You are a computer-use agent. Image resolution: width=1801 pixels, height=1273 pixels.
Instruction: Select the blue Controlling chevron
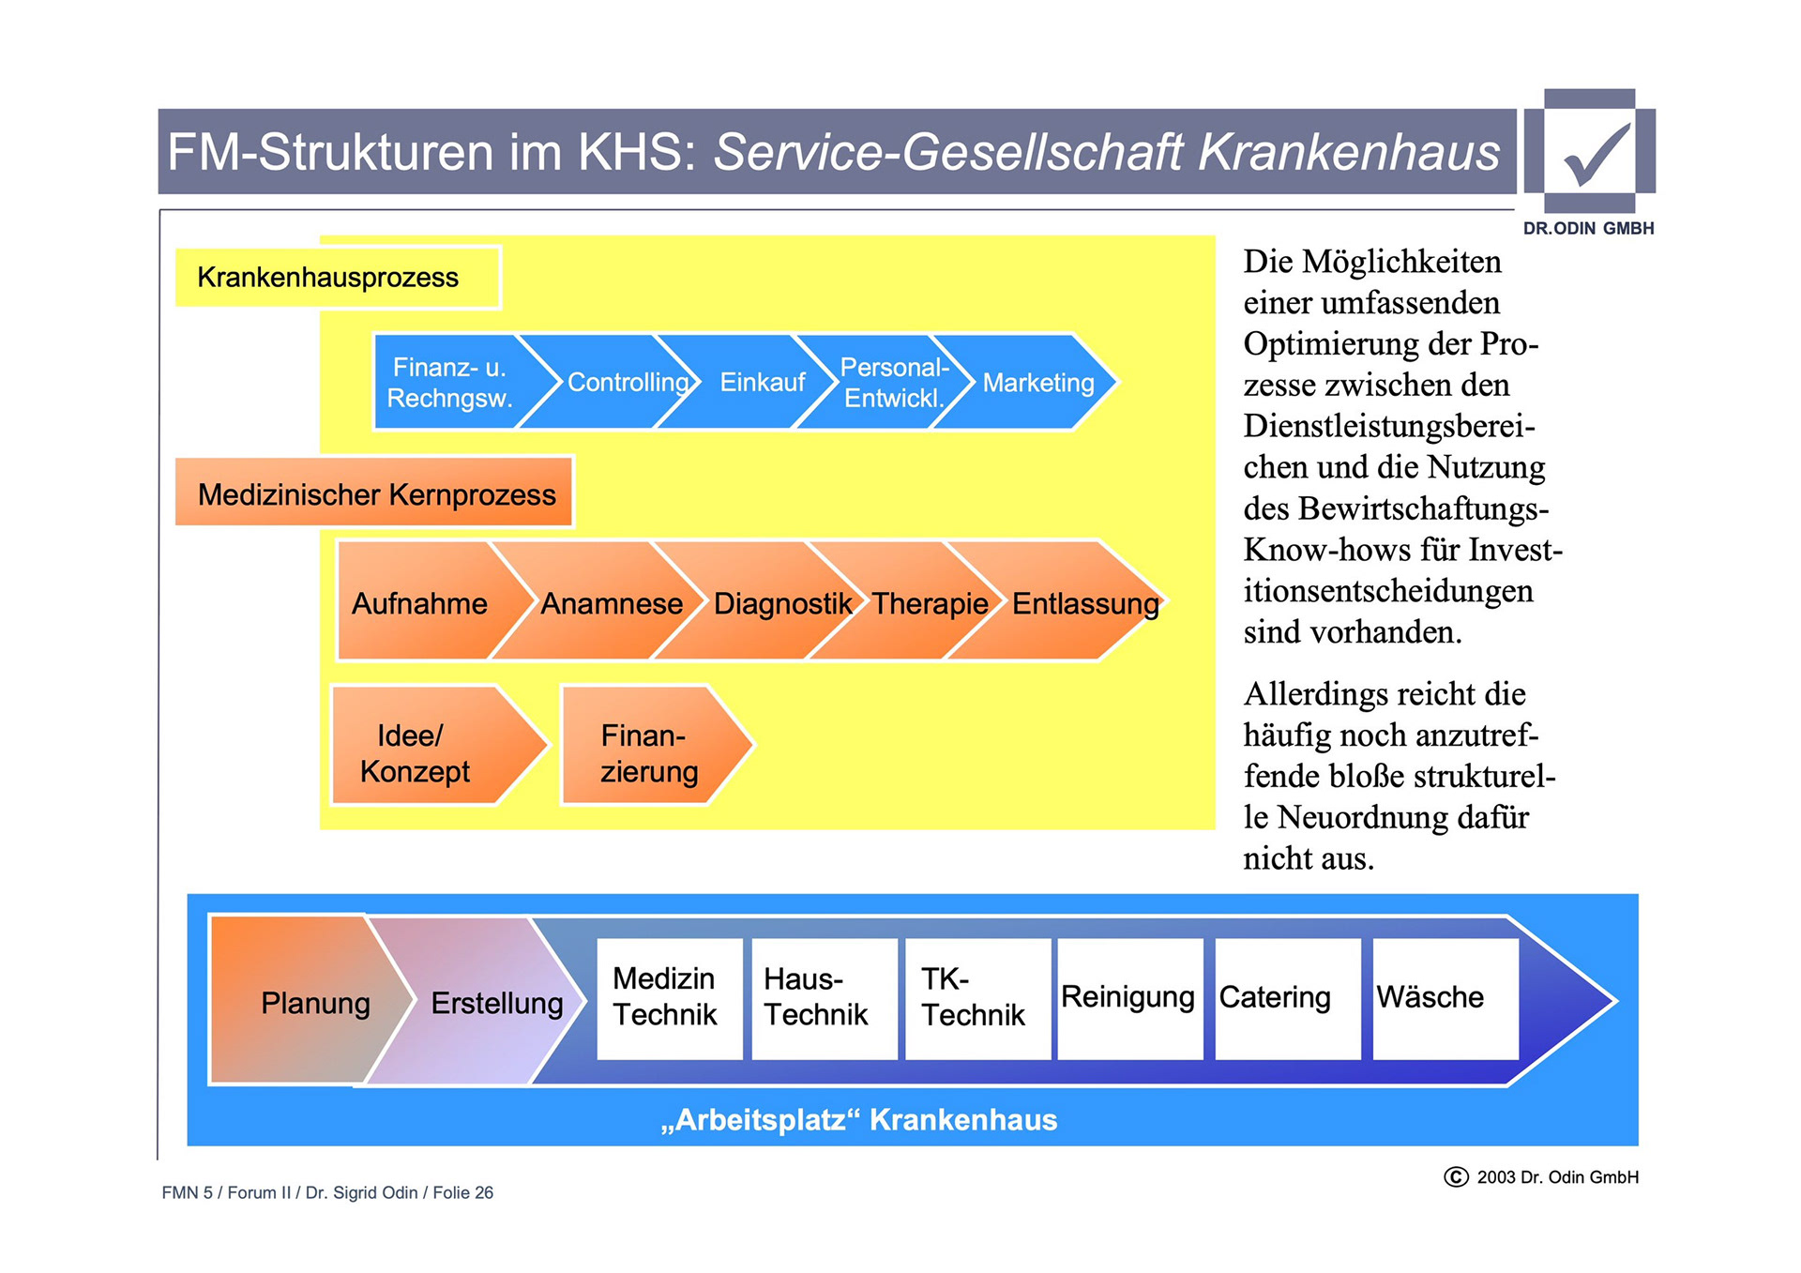[627, 383]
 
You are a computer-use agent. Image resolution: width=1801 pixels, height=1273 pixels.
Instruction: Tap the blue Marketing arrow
[1037, 383]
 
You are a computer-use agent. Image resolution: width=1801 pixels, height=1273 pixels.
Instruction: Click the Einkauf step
[762, 383]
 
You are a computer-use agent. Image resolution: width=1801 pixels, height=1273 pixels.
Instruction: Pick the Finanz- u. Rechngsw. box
[449, 383]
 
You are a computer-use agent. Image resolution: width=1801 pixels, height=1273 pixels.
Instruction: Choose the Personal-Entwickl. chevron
[893, 383]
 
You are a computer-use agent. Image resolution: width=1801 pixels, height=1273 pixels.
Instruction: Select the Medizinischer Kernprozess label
[375, 493]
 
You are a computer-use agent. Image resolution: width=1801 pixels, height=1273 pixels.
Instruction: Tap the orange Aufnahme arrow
[419, 603]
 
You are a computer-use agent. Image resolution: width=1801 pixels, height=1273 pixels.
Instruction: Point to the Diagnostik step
[781, 603]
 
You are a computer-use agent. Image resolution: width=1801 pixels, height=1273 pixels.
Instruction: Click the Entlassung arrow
[1084, 603]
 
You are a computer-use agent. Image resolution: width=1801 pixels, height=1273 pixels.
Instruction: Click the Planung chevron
[310, 1002]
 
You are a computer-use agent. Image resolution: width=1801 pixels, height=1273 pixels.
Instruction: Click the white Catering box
[1286, 998]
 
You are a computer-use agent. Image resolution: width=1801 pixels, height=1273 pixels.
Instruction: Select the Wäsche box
[1444, 998]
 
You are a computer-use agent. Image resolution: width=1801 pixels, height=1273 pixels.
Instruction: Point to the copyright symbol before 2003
[1456, 1176]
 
